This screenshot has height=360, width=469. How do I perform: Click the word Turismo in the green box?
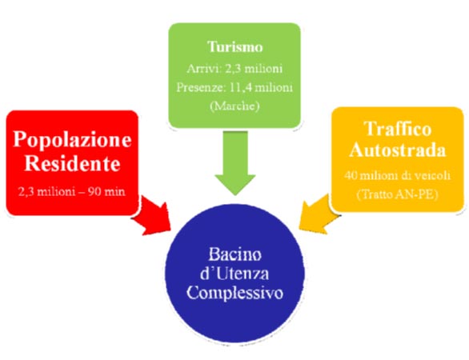tap(235, 47)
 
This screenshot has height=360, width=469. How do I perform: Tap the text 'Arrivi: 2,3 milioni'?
tap(234, 69)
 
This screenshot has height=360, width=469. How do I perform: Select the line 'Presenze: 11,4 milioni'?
tap(234, 87)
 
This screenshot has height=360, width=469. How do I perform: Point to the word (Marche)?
tap(234, 106)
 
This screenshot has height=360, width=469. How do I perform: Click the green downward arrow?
tap(235, 163)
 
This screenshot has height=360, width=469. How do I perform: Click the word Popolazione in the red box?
tap(72, 140)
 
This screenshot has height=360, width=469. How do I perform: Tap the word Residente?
tap(72, 163)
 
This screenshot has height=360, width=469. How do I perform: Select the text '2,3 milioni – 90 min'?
tap(72, 191)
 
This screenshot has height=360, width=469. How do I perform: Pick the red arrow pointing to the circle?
tap(151, 215)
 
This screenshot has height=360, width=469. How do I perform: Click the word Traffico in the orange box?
tap(398, 129)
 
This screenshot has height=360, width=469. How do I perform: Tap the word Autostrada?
tap(398, 150)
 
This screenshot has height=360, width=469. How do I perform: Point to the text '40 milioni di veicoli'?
tap(398, 175)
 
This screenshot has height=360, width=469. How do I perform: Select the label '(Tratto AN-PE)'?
tap(398, 194)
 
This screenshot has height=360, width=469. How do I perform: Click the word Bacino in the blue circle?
tap(235, 254)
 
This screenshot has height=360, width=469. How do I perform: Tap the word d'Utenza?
tap(234, 274)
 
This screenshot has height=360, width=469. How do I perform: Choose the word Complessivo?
tap(234, 293)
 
